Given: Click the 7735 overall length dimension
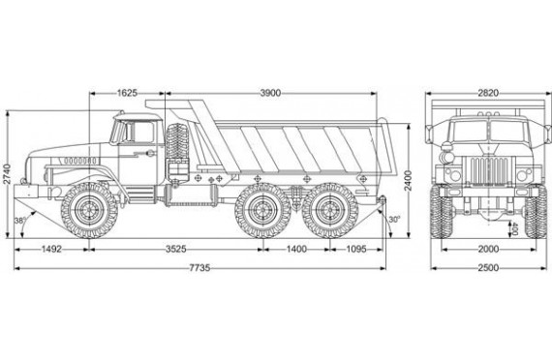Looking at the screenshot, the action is point(199,268).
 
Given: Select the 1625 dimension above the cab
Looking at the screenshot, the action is point(127,93).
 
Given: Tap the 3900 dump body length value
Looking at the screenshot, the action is point(270,93).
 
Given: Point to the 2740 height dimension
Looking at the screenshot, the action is point(7,174).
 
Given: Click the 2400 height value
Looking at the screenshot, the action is point(408,181).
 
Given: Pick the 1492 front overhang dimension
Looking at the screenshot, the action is point(51,249).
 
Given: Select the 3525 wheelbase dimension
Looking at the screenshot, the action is point(176,249).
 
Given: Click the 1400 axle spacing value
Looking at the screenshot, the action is point(296,249).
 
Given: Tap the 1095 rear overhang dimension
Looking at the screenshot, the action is point(356,249).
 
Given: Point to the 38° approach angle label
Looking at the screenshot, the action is point(20,221).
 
